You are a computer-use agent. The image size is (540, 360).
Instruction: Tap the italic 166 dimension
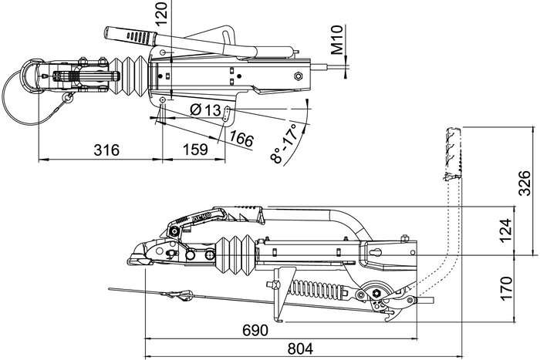click(242, 139)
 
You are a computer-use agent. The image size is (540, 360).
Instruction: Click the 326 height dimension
click(525, 186)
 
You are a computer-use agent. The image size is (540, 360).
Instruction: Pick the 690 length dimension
click(255, 330)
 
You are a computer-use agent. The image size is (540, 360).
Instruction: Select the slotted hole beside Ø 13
click(231, 113)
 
